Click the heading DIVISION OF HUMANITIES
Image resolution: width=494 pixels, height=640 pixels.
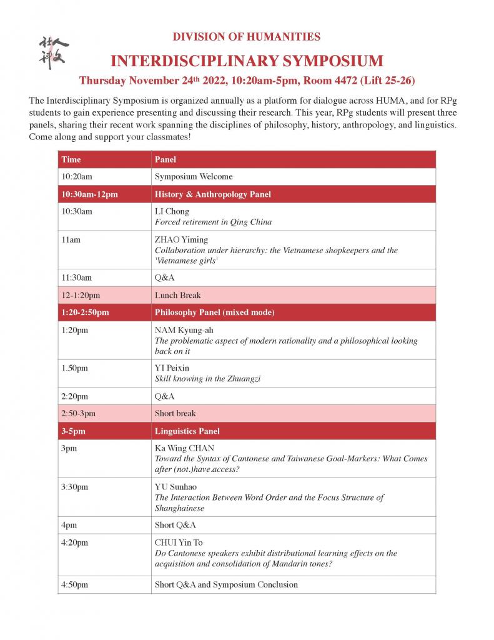coord(246,37)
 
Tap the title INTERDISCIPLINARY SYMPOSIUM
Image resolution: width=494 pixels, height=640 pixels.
coord(246,61)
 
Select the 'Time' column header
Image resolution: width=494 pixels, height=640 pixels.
coord(71,159)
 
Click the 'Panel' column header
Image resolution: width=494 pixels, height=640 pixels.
coord(165,159)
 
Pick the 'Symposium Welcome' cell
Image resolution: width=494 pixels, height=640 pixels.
coord(194,177)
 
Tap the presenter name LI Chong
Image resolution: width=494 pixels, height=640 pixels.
coord(172,211)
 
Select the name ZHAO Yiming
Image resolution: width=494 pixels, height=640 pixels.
coord(181,239)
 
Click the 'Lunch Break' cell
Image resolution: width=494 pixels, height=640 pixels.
coord(178,295)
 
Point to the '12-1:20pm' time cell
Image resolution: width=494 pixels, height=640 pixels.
coord(81,295)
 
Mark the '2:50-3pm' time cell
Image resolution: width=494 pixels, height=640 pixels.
coord(79,414)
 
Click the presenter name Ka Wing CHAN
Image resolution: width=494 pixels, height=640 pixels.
coord(184,448)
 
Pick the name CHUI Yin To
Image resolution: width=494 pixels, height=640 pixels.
coord(179,542)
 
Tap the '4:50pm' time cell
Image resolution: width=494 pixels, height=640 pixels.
coord(75,585)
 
